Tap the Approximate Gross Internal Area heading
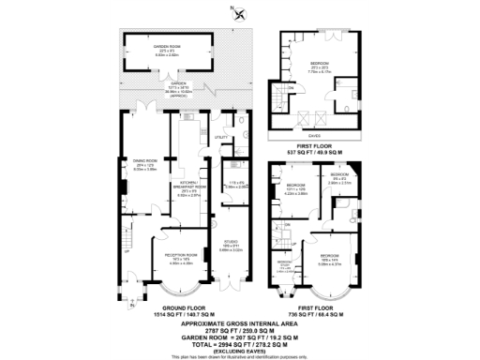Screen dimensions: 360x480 coord(240,325)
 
